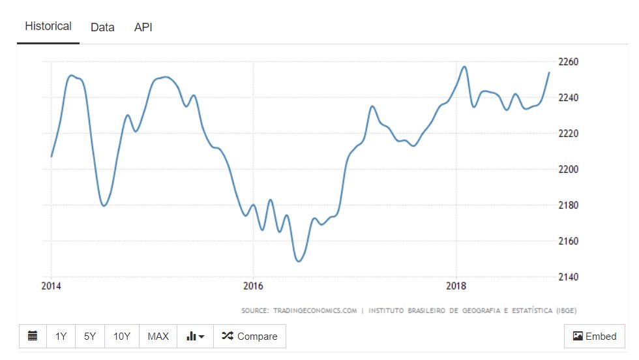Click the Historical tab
48,27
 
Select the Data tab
102,27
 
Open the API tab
143,27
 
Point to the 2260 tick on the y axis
569,62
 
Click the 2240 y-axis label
569,98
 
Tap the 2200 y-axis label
569,170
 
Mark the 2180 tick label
569,205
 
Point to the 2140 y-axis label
569,277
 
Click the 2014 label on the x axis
51,286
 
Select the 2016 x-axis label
253,286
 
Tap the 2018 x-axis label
455,286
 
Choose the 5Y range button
90,337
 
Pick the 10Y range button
122,337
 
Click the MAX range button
158,337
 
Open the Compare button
250,337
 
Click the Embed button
594,337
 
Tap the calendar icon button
33,337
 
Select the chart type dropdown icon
195,337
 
